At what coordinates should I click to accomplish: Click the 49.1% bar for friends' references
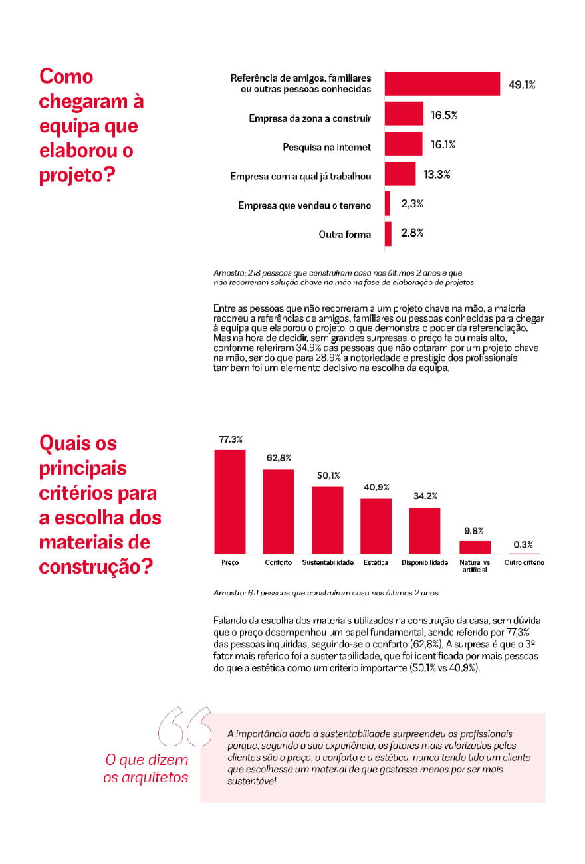[x=442, y=84]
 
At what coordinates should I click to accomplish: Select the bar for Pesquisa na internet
[x=404, y=144]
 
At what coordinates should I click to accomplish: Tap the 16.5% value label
[x=443, y=115]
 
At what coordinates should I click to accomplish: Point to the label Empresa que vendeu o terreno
[x=304, y=205]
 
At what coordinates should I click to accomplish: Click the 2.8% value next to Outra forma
[x=412, y=233]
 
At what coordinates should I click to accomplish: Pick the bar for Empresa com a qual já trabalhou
[x=400, y=174]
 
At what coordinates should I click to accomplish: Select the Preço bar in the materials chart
[x=229, y=502]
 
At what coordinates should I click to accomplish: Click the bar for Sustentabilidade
[x=327, y=520]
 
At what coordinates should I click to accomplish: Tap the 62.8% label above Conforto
[x=279, y=458]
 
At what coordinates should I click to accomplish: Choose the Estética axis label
[x=376, y=562]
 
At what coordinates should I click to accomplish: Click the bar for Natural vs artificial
[x=475, y=547]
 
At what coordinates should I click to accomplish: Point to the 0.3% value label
[x=523, y=544]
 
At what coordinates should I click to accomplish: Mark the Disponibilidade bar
[x=424, y=530]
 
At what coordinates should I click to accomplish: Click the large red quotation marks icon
[x=185, y=726]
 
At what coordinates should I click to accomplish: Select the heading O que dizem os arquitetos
[x=146, y=768]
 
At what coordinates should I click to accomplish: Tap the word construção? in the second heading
[x=96, y=566]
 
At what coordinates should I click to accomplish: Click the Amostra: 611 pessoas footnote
[x=326, y=592]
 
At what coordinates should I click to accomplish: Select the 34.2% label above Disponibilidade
[x=424, y=496]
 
